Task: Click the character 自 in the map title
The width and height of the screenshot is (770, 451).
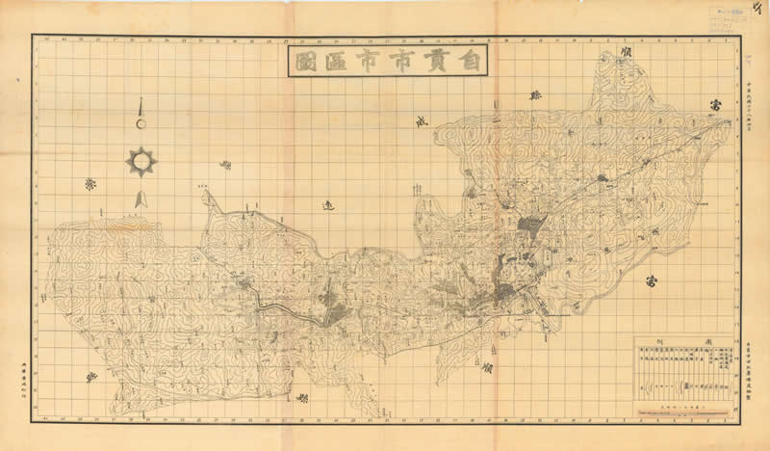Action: [x=469, y=63]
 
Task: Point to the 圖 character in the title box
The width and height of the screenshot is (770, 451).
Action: [x=304, y=63]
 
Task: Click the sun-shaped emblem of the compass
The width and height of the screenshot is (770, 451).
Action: [x=141, y=161]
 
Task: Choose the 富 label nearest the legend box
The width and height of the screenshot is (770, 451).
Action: [x=653, y=282]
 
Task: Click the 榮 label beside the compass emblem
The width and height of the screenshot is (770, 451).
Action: [x=91, y=183]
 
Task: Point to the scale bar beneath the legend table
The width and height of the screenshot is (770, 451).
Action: [x=683, y=408]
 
